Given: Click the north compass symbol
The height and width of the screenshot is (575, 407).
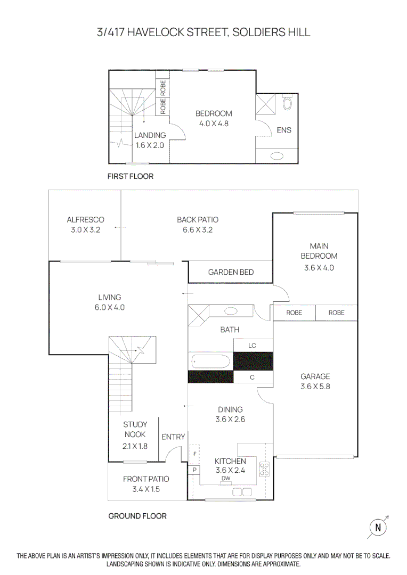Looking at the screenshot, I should [x=378, y=528].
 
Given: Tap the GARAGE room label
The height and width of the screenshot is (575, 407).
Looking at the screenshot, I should [x=315, y=376].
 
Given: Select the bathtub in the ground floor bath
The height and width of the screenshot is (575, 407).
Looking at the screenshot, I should [x=210, y=363].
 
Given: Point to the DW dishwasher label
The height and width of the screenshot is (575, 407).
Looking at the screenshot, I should [x=226, y=479].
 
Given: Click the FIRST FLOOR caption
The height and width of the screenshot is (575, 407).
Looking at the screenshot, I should [x=130, y=176].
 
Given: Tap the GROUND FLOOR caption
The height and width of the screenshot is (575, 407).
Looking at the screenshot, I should [x=137, y=516].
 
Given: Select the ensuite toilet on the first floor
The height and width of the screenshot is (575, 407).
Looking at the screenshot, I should [x=288, y=102].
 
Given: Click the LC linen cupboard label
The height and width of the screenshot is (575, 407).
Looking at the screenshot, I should [x=253, y=346].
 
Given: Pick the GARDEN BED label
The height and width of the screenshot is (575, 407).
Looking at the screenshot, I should [x=231, y=272].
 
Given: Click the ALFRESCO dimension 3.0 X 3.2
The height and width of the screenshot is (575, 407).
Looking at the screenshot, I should [x=85, y=230].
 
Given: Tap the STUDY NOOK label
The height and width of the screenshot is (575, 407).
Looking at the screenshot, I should [x=135, y=429].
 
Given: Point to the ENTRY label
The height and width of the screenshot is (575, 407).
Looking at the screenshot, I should [x=173, y=437].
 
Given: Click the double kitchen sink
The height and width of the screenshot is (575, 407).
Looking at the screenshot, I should [x=242, y=492].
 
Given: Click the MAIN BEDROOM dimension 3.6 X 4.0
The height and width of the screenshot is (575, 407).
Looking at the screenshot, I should [x=319, y=268].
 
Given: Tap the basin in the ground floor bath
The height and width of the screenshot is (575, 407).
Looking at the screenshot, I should [x=231, y=311].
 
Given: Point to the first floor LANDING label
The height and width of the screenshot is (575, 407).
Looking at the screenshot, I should [x=150, y=135].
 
